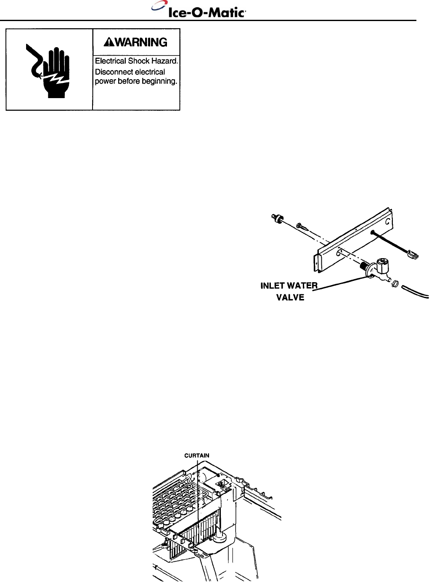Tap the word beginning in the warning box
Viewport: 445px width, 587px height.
coord(159,81)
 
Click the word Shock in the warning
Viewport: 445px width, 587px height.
coord(142,61)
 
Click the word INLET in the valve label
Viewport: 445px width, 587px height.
coord(273,286)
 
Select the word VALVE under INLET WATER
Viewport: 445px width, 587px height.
coord(290,297)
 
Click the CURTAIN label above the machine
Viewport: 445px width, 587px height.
coord(197,455)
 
